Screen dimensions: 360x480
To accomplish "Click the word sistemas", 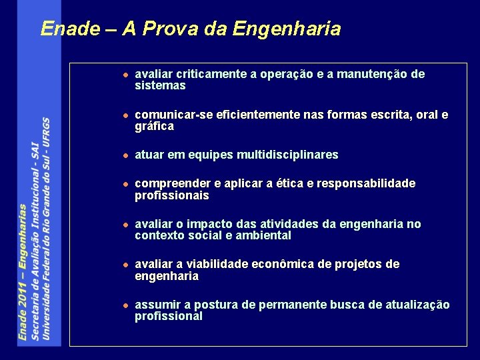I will click(x=160, y=86).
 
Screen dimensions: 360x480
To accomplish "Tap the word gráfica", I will click(x=154, y=127).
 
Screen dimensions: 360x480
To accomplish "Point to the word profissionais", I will click(x=171, y=195).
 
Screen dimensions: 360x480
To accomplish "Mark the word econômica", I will click(x=275, y=265).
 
